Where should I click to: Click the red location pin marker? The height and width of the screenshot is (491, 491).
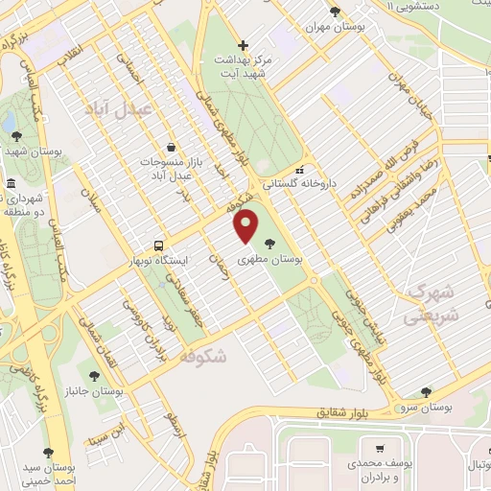[x=246, y=225]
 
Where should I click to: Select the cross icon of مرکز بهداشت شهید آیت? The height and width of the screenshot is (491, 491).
[x=243, y=45]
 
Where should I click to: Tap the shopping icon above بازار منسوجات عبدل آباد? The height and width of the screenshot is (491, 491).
[x=171, y=147]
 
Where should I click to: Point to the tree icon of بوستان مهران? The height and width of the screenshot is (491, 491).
[x=334, y=12]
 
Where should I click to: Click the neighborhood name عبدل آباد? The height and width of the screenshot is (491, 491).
[x=118, y=109]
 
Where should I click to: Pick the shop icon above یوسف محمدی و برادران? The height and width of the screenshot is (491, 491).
[x=381, y=448]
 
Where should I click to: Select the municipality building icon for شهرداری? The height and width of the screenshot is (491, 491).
[x=10, y=184]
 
